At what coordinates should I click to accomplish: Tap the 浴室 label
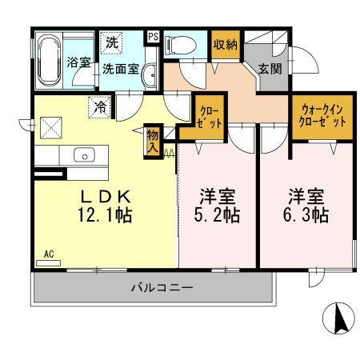point(78,62)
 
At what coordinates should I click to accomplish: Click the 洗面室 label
point(119,69)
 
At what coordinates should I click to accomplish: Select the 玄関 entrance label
point(269,69)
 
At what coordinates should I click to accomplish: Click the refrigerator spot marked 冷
point(102,105)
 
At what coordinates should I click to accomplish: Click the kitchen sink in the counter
point(83,154)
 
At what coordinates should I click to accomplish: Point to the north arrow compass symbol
point(340,320)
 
